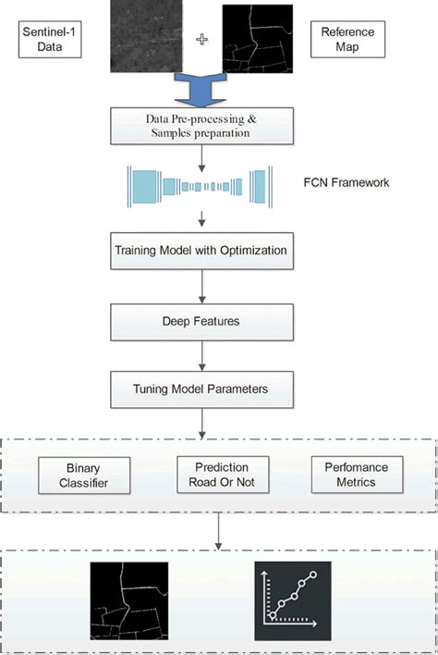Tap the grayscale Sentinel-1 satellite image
(146, 37)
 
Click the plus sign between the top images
(203, 41)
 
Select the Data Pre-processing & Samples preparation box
(201, 127)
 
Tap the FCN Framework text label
(347, 182)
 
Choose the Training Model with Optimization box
(201, 251)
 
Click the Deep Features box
(201, 320)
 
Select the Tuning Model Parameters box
(201, 389)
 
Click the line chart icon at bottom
(291, 603)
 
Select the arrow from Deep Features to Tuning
(201, 354)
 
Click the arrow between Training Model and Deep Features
(201, 285)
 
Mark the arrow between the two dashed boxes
(218, 531)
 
